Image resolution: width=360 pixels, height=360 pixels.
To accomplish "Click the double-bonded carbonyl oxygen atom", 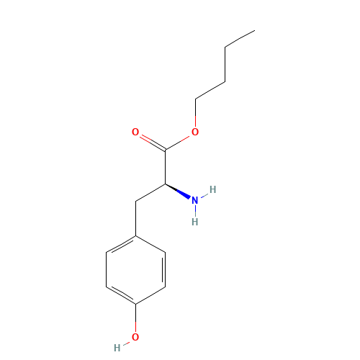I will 135,132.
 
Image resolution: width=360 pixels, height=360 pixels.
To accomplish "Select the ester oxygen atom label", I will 194,132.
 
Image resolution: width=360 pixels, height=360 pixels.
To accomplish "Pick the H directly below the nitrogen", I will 194,222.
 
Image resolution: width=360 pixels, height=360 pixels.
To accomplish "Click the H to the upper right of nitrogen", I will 212,190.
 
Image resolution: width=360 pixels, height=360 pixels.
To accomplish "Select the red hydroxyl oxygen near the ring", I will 135,335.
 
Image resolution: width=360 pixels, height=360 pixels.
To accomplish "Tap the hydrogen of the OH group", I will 117,347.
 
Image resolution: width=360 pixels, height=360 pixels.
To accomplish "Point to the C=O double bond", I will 151,141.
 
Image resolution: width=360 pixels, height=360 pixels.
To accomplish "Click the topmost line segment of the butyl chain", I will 239,39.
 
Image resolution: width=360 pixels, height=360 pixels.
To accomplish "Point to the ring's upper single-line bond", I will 150,245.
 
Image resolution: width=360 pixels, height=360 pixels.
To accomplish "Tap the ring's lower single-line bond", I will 150,297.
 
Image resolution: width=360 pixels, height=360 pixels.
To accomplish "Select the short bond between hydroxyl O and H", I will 127,341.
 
